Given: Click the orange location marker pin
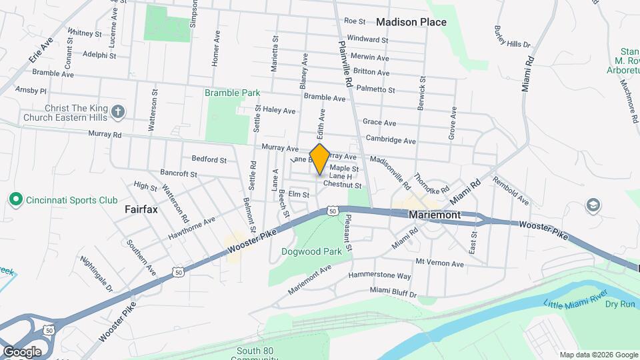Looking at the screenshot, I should point(319,159).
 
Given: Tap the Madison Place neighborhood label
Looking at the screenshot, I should point(411,22).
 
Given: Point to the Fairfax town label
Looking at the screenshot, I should point(140,209).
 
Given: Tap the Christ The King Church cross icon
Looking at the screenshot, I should point(118,111).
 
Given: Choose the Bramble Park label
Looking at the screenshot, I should point(232,93).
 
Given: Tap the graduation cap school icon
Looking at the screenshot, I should point(591,205).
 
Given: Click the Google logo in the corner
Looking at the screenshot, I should point(21,351).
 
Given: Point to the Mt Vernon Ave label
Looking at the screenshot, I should point(439,263).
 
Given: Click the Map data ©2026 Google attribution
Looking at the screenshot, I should point(598,355).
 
